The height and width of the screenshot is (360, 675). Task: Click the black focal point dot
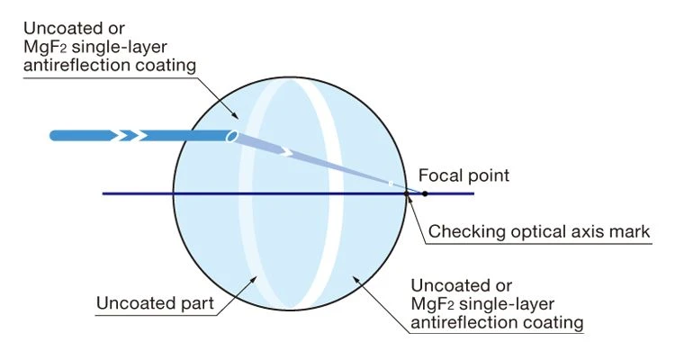[425, 193]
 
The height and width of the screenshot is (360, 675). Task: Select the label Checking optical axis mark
[538, 232]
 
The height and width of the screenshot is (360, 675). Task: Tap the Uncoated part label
[155, 303]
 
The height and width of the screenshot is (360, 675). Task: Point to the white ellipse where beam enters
[232, 136]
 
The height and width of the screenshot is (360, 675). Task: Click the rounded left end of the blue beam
[55, 136]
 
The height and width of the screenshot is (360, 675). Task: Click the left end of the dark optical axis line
[103, 193]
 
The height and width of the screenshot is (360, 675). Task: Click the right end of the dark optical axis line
[472, 193]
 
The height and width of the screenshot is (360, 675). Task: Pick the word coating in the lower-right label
[550, 322]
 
